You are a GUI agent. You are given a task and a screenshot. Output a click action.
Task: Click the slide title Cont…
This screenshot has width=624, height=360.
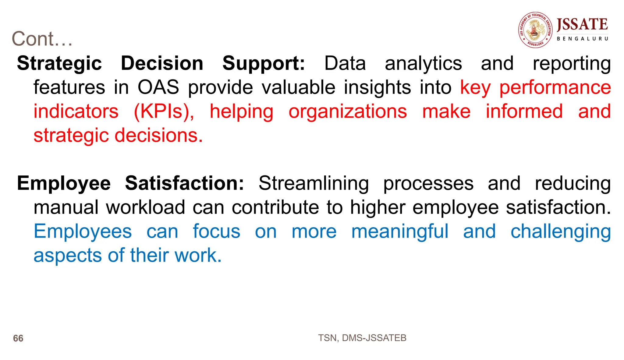[x=42, y=39]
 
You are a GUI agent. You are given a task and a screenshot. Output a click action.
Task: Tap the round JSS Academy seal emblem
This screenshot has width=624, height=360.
[x=535, y=30]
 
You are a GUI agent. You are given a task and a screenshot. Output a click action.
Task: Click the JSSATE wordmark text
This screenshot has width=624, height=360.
[x=582, y=24]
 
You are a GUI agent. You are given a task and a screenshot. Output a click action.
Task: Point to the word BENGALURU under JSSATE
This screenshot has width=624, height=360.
[x=582, y=39]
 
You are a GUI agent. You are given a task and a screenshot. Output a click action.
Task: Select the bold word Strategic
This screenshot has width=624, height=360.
[x=59, y=63]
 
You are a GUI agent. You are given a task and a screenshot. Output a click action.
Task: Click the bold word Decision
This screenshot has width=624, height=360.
[x=162, y=63]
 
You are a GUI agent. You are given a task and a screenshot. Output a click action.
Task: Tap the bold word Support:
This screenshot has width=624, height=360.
[x=264, y=63]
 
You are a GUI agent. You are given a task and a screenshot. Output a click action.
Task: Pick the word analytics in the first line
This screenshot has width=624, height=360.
[x=423, y=63]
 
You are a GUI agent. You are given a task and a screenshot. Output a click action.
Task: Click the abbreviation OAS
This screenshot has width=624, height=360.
[x=158, y=87]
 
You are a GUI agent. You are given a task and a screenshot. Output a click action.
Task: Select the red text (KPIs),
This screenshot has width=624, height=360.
[x=164, y=111]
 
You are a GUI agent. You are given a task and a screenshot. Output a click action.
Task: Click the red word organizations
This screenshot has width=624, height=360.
[x=348, y=111]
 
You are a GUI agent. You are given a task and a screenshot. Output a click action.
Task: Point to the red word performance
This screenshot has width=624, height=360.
[x=555, y=87]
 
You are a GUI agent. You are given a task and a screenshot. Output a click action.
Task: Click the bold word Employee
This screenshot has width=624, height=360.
[x=64, y=183]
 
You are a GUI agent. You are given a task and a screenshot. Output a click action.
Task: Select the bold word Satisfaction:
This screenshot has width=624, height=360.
[x=184, y=183]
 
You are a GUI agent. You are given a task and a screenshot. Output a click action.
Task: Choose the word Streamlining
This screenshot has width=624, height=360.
[x=314, y=183]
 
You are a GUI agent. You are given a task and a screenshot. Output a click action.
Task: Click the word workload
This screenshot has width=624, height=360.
[x=145, y=207]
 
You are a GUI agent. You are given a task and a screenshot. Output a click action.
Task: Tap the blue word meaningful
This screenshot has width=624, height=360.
[x=400, y=231]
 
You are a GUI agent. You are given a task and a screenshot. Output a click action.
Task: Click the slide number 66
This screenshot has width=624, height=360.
[x=18, y=338]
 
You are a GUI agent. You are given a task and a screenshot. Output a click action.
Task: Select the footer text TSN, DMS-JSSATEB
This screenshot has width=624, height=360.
[x=362, y=338]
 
